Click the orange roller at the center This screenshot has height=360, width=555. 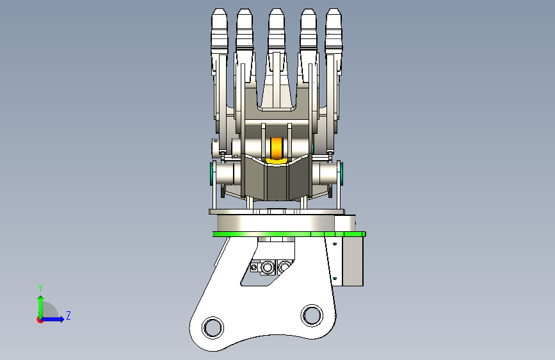pyautogui.click(x=277, y=148)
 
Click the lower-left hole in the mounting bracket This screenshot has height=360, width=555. pyautogui.click(x=213, y=327)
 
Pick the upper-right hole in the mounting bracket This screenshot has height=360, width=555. pyautogui.click(x=312, y=315)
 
